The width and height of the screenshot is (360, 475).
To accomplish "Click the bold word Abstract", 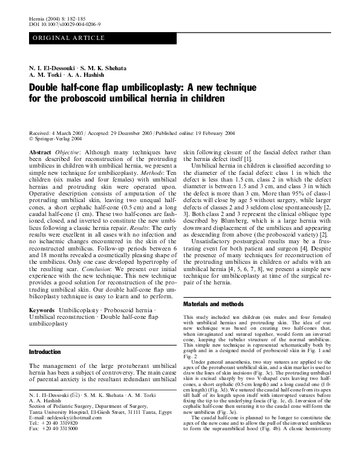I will point(40,153).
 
